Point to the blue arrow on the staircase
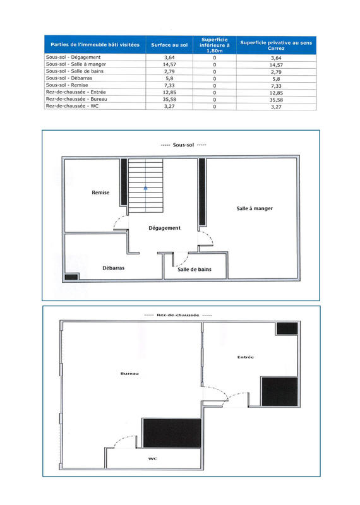[146, 187]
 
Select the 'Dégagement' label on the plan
[164, 228]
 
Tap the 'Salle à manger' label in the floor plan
[255, 208]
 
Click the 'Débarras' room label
[113, 268]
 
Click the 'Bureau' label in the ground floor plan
[129, 374]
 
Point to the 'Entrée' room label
[246, 357]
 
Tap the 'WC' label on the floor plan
[152, 458]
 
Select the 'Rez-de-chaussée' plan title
[177, 314]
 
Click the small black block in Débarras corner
[71, 276]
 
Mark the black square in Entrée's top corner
[287, 329]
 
